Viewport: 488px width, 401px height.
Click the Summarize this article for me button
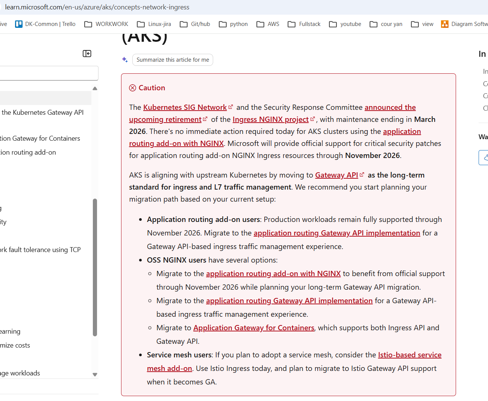pyautogui.click(x=173, y=60)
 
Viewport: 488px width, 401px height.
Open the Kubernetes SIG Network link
pyautogui.click(x=185, y=107)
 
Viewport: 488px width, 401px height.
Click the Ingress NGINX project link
pyautogui.click(x=270, y=119)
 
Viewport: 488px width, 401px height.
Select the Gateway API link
pyautogui.click(x=336, y=175)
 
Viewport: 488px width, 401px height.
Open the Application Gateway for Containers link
pyautogui.click(x=254, y=328)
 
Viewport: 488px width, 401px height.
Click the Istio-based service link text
pyautogui.click(x=409, y=355)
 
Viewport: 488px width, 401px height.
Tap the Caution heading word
pyautogui.click(x=152, y=88)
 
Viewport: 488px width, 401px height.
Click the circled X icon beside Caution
pyautogui.click(x=132, y=88)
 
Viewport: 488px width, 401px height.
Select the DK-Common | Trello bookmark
pyautogui.click(x=45, y=24)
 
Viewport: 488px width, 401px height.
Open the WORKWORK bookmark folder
pyautogui.click(x=106, y=24)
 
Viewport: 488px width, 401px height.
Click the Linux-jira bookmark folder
pyautogui.click(x=154, y=24)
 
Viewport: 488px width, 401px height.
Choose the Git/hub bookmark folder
pyautogui.click(x=195, y=24)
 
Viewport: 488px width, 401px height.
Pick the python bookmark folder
pyautogui.click(x=233, y=24)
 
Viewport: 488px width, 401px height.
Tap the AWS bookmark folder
pyautogui.click(x=268, y=24)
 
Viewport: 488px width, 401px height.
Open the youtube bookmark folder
pyautogui.click(x=345, y=24)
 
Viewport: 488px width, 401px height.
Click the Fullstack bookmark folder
pyautogui.click(x=304, y=24)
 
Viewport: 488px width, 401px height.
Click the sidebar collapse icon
pyautogui.click(x=87, y=54)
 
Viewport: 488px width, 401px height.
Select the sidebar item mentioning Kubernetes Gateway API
pyautogui.click(x=42, y=112)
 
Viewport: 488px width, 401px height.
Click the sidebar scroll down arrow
pyautogui.click(x=95, y=375)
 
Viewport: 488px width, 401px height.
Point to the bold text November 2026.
pyautogui.click(x=372, y=155)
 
